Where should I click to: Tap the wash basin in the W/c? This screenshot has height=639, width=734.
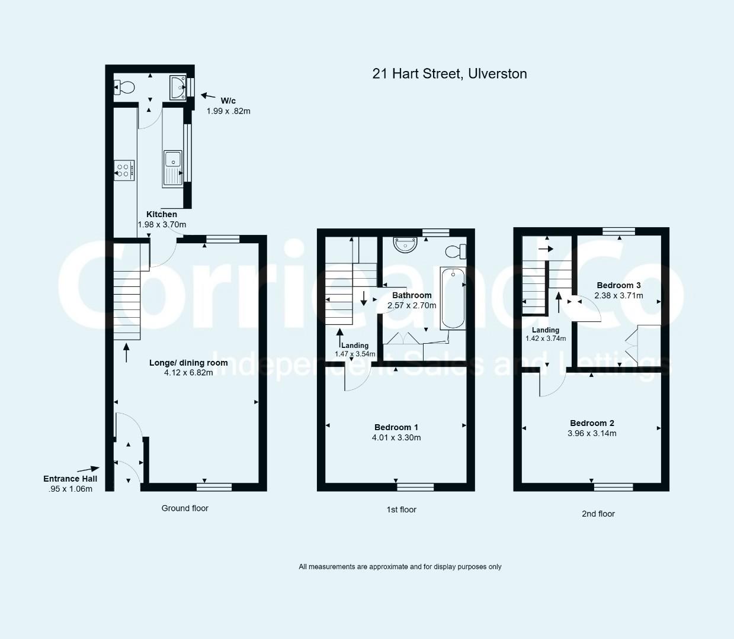178,88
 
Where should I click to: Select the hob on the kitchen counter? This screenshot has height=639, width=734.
124,170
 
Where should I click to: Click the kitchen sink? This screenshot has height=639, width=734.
173,167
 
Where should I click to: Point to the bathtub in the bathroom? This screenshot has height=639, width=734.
453,298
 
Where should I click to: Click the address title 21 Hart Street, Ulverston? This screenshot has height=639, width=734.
449,73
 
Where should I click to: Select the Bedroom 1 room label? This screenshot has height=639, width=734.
396,427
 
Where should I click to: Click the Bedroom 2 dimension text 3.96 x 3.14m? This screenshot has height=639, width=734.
591,433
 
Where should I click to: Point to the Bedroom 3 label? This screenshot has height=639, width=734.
618,285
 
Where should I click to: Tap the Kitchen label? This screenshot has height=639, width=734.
162,214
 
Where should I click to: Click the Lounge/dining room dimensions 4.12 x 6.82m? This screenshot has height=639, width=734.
188,373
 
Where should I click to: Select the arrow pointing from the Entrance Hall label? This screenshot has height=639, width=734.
88,469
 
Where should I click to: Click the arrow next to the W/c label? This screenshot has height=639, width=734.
208,96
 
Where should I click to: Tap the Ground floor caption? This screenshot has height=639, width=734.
185,508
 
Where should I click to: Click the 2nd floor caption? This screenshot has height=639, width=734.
598,514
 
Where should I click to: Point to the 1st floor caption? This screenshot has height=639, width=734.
401,509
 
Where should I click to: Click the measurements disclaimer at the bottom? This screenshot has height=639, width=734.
400,567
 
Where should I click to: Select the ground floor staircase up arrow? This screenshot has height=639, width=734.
126,353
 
